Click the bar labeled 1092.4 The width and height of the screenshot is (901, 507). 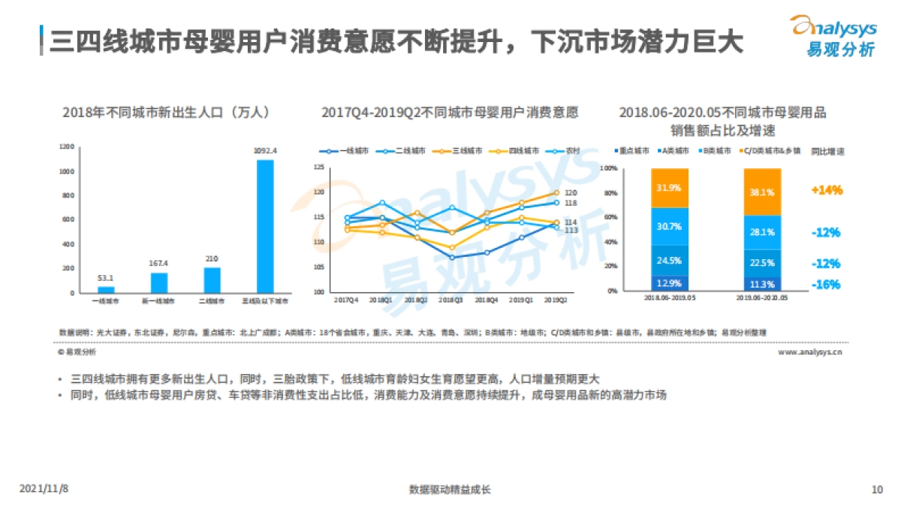pos(265,225)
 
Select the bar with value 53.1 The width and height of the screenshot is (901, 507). pos(107,289)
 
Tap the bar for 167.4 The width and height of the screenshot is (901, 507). pos(159,282)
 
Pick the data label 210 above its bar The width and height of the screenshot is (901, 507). pos(212,259)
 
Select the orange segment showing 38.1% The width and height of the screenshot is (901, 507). pos(762,192)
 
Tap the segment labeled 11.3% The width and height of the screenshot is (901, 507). pos(762,285)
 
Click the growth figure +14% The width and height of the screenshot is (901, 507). pos(826,190)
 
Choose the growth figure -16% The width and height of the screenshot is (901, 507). pos(826,285)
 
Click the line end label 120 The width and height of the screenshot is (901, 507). pos(570,193)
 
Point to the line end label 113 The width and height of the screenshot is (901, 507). pos(570,231)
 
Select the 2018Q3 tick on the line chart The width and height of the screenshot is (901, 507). pos(451,299)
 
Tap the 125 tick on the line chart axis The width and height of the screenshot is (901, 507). pos(318,167)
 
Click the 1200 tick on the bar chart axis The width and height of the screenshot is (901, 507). pos(68,147)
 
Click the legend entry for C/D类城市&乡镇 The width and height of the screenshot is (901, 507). pos(774,151)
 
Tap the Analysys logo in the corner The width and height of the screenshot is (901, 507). pos(834,35)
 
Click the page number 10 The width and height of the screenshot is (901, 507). pos(876,490)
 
